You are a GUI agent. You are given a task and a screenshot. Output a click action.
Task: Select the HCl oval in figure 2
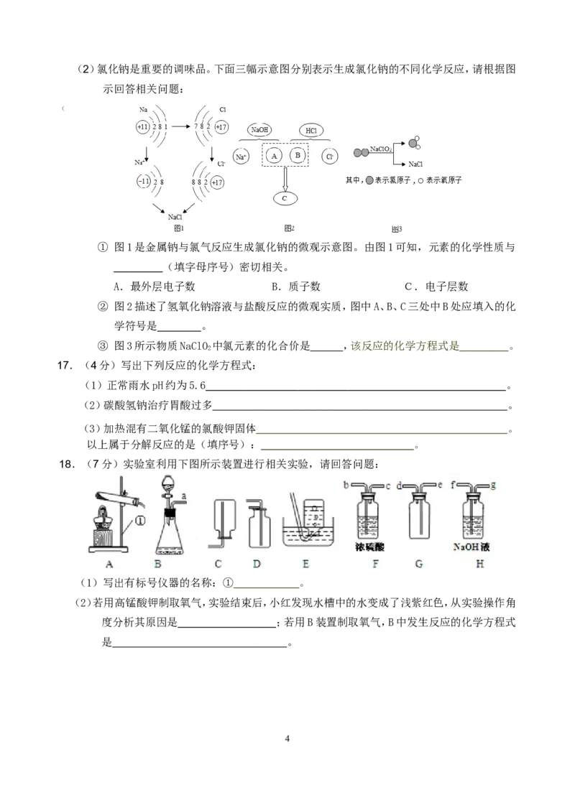(310, 131)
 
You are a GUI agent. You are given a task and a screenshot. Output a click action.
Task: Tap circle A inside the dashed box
(273, 155)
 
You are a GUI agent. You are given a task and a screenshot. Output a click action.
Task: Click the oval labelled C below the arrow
(285, 197)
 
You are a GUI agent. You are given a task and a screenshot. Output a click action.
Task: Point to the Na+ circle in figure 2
(241, 156)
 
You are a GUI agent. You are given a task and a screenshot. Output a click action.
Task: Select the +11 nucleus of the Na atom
(144, 126)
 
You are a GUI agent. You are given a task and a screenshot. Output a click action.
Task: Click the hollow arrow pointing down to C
(285, 177)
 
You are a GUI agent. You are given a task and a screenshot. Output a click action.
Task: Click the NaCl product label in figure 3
(415, 164)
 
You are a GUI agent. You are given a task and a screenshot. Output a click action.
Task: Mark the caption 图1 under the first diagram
(180, 228)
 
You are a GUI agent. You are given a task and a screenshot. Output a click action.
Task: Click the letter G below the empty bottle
(419, 564)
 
